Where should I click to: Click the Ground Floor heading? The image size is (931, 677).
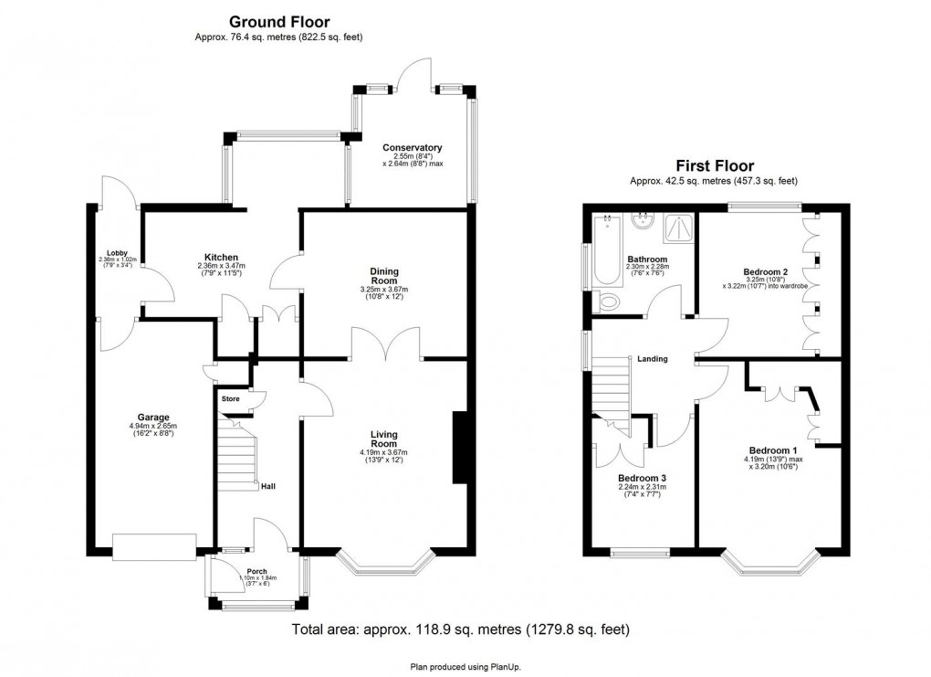279,21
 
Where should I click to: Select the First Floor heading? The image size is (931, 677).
714,165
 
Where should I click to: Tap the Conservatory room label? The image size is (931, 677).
413,148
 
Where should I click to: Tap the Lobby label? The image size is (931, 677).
116,253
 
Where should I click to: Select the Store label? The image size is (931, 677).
230,398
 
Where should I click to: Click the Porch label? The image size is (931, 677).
249,568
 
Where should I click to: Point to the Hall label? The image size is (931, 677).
268,486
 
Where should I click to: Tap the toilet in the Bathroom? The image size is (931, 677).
606,302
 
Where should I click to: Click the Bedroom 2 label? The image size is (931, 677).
765,272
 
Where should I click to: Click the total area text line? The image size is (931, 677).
460,629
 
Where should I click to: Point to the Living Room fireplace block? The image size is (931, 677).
461,448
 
